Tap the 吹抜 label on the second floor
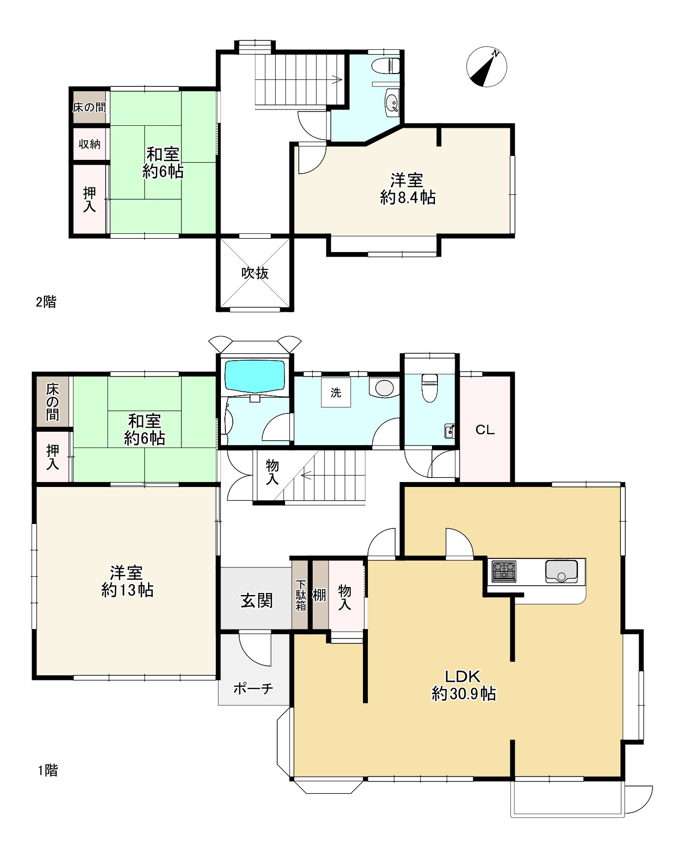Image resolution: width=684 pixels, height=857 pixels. (x=255, y=273)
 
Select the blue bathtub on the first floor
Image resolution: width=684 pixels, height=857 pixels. (x=255, y=377)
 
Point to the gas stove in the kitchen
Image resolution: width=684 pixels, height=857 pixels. (x=504, y=572)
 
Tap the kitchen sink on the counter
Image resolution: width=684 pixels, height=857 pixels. (x=561, y=571)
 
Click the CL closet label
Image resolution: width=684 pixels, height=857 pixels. (x=485, y=430)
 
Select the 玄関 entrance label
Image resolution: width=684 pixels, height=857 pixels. (x=256, y=600)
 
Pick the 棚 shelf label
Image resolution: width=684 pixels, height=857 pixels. (x=320, y=595)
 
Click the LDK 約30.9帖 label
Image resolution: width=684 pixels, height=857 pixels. (x=464, y=685)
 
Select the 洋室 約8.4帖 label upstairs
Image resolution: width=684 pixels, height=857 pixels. (x=408, y=188)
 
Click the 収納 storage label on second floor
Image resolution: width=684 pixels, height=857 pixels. (x=89, y=144)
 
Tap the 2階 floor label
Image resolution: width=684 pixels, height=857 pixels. (x=46, y=302)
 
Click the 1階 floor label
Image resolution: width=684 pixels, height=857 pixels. (x=48, y=770)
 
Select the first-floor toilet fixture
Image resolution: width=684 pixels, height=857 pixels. (x=429, y=388)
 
